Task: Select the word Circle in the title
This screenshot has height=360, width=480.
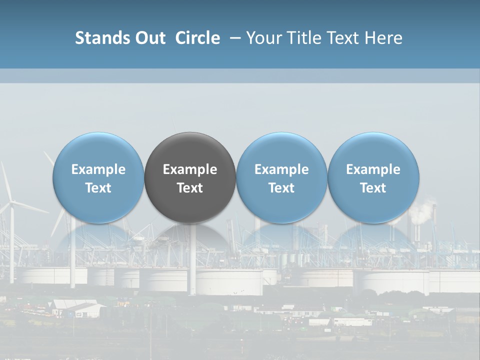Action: coord(197,38)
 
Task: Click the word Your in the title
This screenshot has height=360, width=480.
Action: coord(262,38)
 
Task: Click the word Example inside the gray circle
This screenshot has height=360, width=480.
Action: coord(190,169)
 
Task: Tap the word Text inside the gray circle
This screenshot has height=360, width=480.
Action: coord(190,188)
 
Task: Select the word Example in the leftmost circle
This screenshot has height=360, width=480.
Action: coord(98,169)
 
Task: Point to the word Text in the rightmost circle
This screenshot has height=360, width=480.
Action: coord(373,188)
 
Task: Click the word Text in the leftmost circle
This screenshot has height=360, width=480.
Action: coord(98,188)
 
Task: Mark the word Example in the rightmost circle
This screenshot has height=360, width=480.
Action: coord(373,169)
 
